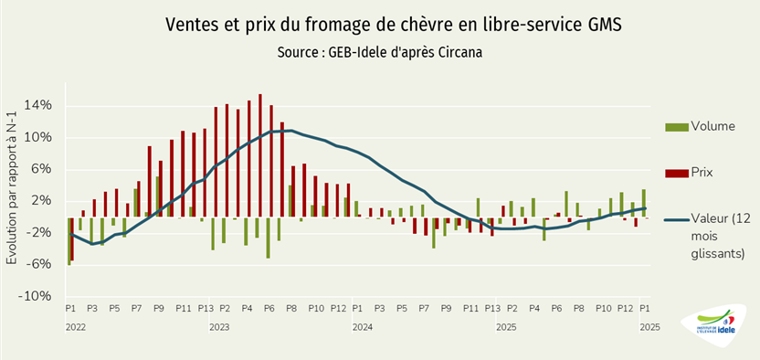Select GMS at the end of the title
coord(602,25)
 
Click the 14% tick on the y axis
coord(38,106)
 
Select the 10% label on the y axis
coord(38,138)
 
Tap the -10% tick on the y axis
coord(37,296)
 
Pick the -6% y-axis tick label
coord(39,265)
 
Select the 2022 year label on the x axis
coord(75,326)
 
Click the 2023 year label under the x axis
coord(219,326)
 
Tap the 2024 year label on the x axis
coord(363,326)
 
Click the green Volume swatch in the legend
coord(677,125)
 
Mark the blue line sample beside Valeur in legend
coord(677,219)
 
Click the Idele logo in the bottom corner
coord(712,325)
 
